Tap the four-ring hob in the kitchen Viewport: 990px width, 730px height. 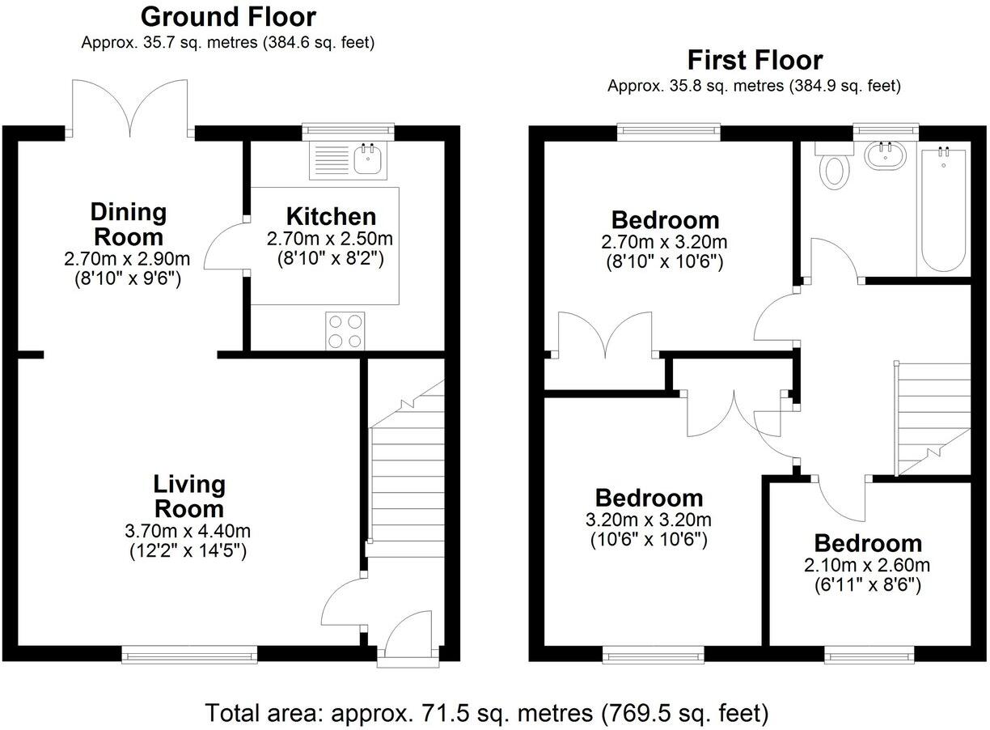point(345,331)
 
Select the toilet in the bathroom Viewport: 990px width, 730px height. point(833,168)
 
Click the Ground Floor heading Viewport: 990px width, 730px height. point(228,16)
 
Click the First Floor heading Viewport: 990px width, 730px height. point(754,60)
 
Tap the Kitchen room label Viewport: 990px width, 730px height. point(331,216)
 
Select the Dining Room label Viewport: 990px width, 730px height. point(129,225)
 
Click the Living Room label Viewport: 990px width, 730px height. point(189,496)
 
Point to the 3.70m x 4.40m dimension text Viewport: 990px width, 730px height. point(189,532)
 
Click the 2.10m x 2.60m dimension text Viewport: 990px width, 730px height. point(867,565)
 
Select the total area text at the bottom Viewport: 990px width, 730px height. point(486,712)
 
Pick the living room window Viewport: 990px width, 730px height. point(189,654)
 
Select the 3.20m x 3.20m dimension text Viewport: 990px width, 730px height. point(649,520)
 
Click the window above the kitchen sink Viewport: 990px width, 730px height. point(349,129)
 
